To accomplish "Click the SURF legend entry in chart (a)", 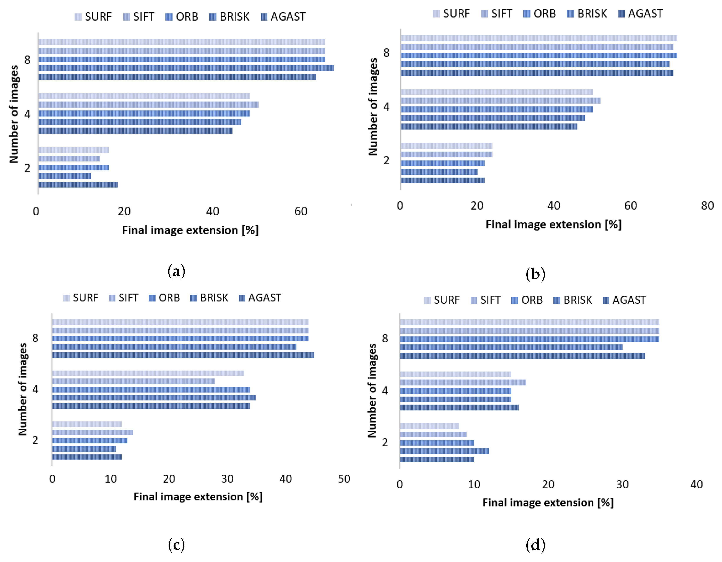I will [93, 16].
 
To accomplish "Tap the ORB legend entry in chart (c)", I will [164, 298].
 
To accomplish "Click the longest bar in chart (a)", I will [186, 68].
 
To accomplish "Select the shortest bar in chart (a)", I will [65, 176].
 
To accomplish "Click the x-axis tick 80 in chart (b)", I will [707, 206].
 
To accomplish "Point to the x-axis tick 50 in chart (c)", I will [344, 479].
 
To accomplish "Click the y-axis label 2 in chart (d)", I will [385, 442].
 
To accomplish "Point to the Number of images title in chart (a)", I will [14, 114].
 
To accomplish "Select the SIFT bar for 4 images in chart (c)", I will [133, 381].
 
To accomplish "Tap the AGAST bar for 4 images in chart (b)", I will [489, 126].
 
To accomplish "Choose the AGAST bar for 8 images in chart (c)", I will [183, 355].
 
